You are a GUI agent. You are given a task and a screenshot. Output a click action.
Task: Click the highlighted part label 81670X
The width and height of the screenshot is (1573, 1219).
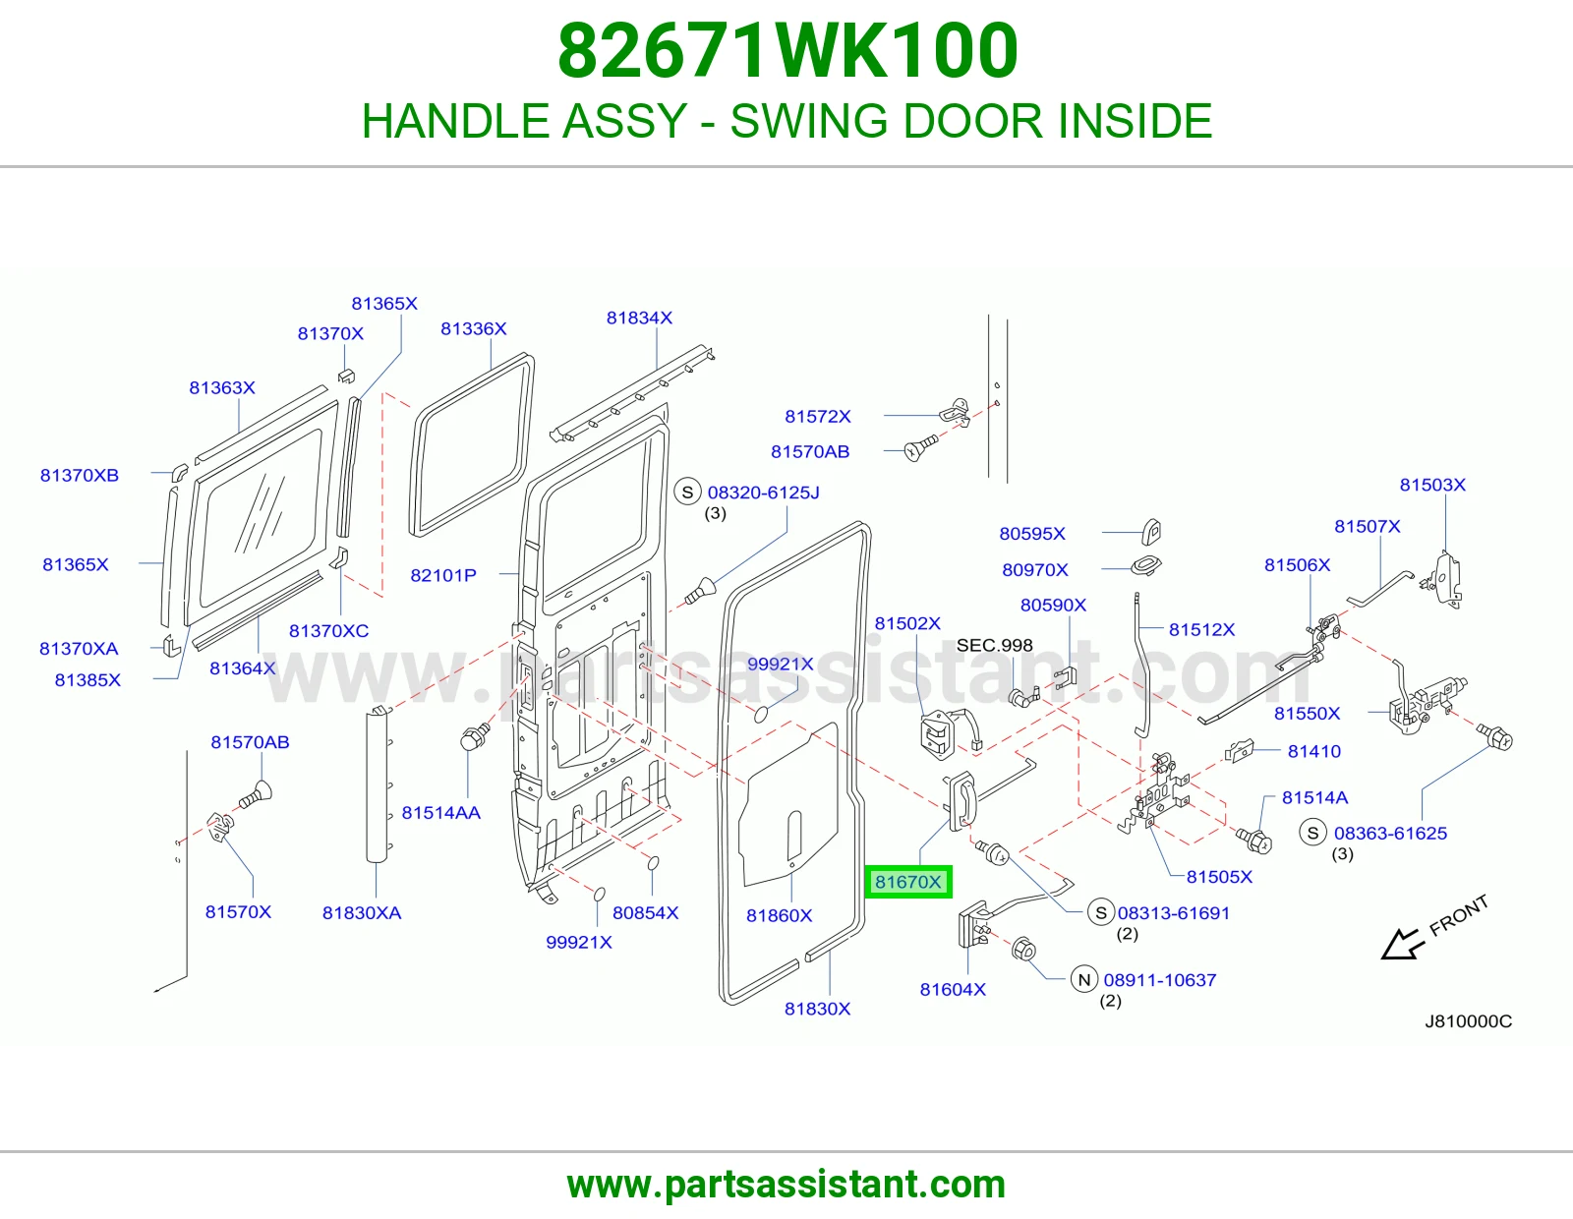point(907,882)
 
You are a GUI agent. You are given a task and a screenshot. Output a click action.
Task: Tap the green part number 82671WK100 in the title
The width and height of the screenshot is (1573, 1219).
point(787,50)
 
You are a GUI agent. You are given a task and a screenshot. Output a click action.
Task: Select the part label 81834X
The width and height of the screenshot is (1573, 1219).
point(639,318)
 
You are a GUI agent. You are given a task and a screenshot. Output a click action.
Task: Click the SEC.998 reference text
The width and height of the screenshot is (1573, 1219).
point(994,645)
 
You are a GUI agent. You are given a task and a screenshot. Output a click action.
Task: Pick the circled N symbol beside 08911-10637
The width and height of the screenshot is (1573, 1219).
point(1083,980)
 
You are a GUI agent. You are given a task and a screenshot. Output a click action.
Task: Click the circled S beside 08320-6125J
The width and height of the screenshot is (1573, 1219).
point(687,493)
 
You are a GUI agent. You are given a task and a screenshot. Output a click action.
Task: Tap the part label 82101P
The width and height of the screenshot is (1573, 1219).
point(443,575)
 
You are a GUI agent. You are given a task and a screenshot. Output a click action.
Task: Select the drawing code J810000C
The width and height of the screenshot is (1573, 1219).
point(1468,1021)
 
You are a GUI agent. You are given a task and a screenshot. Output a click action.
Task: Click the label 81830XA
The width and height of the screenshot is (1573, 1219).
point(361,913)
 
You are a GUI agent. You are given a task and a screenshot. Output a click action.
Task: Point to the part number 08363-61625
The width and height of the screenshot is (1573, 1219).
point(1390,834)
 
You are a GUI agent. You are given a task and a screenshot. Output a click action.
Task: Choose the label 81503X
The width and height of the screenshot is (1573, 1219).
point(1431,485)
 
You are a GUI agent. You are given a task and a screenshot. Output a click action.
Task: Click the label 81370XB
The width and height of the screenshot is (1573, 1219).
point(79,476)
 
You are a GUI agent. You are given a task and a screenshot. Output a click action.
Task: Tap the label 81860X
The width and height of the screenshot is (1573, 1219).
point(779,915)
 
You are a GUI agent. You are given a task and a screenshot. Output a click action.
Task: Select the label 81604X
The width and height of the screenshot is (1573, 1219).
point(953,990)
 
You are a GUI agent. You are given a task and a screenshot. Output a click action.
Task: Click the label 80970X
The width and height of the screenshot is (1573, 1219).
point(1034,570)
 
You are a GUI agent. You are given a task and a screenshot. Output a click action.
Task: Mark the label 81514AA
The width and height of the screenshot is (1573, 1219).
point(440,813)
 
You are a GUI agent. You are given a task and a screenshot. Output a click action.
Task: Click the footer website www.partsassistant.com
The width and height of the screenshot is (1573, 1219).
point(786,1185)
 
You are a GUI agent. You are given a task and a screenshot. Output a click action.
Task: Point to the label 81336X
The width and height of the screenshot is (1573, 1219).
point(474,328)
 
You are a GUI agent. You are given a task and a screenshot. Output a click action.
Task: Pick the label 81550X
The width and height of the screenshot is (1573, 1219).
point(1307,714)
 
